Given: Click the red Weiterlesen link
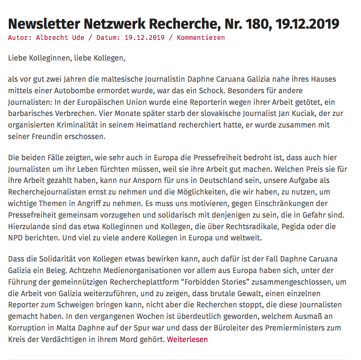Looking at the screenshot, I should [187, 340].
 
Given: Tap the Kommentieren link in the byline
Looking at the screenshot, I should [201, 38].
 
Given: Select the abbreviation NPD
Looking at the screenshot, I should [16, 238].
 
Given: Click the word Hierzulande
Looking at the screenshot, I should [28, 226].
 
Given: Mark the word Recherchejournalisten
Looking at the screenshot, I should [47, 192].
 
